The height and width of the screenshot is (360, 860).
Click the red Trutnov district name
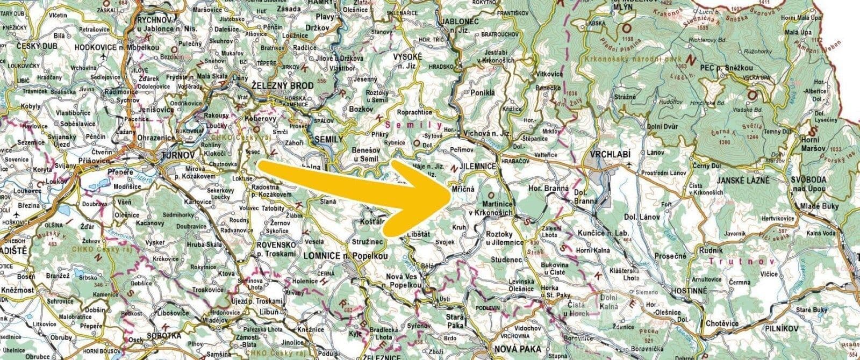743,262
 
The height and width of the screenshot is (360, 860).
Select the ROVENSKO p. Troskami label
276,248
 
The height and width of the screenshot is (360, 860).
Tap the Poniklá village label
482,92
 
